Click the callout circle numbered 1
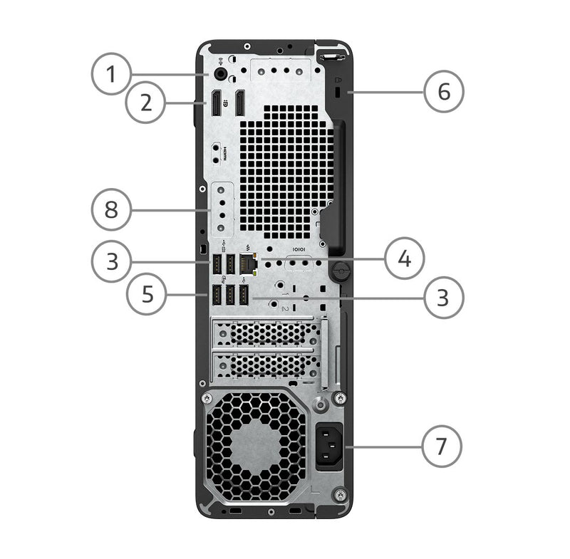coord(111,74)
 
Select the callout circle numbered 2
coord(146,103)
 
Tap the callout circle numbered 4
coord(404,259)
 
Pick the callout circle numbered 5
coord(147,293)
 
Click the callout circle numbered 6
coord(444,91)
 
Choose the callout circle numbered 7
coord(442,446)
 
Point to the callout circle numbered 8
coord(111,209)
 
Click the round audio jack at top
coord(220,74)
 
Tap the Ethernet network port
coord(249,263)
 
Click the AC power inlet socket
coord(329,446)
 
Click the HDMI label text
coord(224,154)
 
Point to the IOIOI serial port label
coord(299,249)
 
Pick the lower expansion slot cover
coord(267,365)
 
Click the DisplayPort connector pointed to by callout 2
coord(216,103)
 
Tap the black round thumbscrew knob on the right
coord(341,271)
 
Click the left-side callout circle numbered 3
coord(112,261)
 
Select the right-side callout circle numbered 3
coord(443,298)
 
